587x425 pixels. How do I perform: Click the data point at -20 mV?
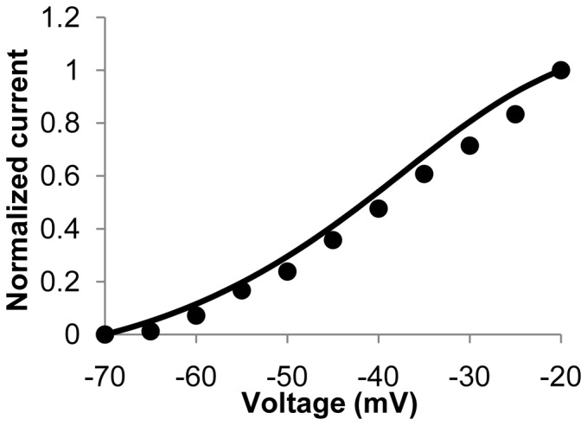click(560, 70)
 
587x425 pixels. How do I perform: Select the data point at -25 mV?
click(515, 114)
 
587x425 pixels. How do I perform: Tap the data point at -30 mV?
click(469, 145)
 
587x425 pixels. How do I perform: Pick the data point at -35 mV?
click(424, 174)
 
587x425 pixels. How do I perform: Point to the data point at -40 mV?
click(378, 208)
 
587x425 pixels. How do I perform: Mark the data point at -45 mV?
click(333, 239)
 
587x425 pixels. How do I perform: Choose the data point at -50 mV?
click(287, 271)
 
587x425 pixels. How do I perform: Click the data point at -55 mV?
click(241, 290)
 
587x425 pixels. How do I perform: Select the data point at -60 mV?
click(196, 315)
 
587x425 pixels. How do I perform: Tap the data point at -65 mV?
click(150, 331)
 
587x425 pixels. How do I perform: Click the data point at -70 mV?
click(105, 334)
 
